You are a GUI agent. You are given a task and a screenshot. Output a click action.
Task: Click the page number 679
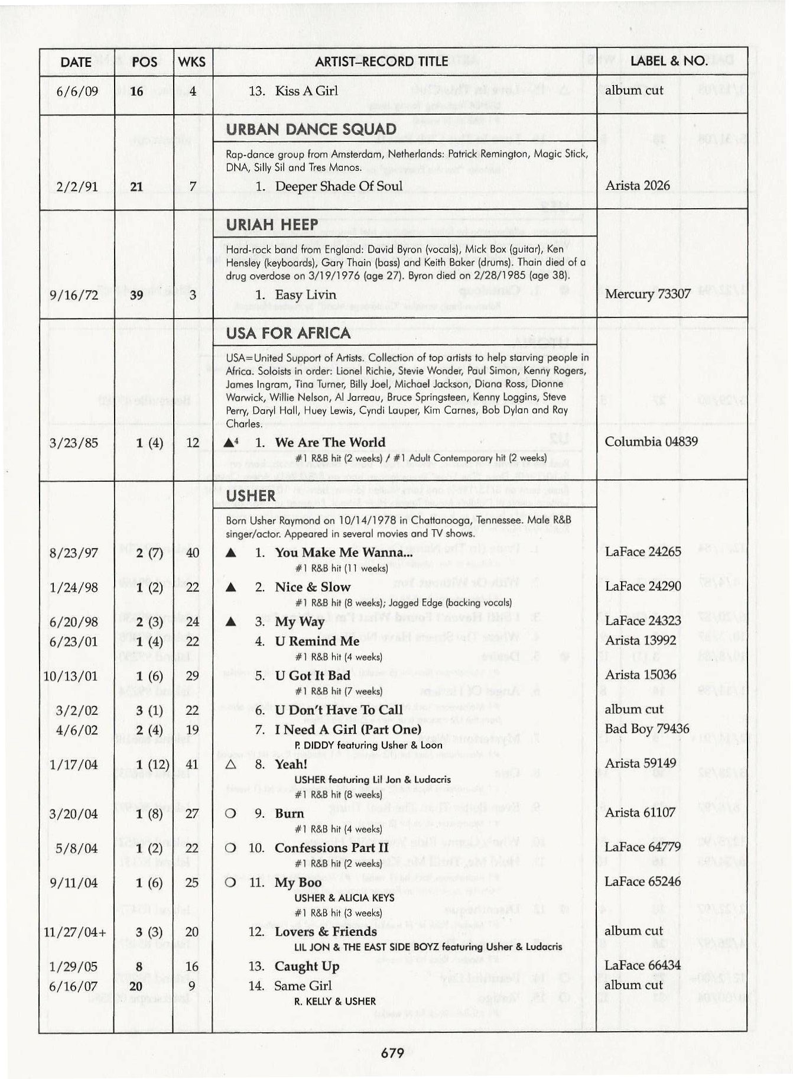point(392,1053)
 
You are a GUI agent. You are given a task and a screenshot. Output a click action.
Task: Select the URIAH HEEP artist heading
point(272,225)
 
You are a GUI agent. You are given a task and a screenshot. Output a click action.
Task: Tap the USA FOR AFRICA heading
point(288,333)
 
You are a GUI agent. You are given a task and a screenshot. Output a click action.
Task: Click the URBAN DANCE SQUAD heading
point(311,129)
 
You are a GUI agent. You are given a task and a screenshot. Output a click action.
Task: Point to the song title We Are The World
point(330,442)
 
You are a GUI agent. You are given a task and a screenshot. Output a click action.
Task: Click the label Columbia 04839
point(651,442)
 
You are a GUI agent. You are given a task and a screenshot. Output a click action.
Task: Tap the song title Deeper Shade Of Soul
point(338,186)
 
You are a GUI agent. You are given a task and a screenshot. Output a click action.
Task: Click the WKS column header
point(192,62)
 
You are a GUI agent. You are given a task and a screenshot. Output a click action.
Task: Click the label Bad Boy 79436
point(646,728)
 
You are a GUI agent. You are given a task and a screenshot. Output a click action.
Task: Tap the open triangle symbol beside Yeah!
point(231,764)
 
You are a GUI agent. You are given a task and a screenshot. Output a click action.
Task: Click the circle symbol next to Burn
point(231,814)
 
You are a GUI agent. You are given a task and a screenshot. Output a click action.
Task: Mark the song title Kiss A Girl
point(306,90)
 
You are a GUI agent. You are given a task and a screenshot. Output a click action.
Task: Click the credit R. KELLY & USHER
point(334,1002)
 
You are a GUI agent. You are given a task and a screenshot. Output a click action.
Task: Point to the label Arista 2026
point(638,186)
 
